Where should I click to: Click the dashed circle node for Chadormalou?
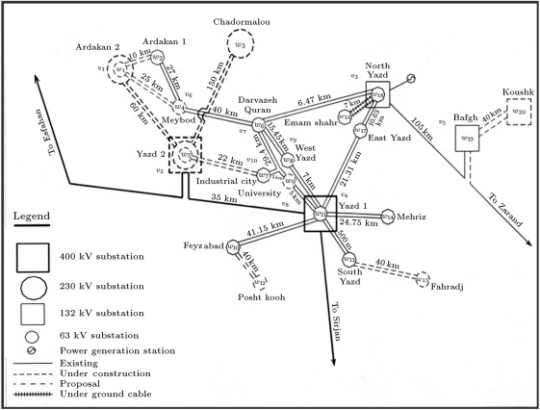click(x=242, y=43)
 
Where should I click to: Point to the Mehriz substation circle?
click(x=387, y=217)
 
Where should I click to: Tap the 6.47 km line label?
click(x=315, y=100)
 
